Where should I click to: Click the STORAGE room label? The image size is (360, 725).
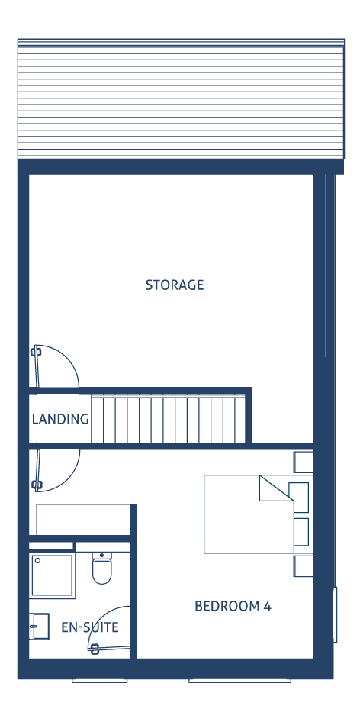coord(174,285)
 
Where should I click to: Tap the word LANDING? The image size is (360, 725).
coord(60,419)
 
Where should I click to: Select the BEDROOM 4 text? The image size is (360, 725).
coord(233,606)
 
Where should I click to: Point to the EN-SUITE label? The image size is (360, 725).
coord(90,627)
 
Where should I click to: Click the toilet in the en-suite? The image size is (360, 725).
coord(101,568)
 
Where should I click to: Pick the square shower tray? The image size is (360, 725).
coord(52,575)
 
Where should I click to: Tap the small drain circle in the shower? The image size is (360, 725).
coord(38,560)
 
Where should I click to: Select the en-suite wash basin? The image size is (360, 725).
coord(40,626)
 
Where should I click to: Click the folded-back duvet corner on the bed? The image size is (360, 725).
coord(276,488)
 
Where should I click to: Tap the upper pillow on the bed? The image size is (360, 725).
coord(298,498)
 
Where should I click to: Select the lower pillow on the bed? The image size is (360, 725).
coord(301,532)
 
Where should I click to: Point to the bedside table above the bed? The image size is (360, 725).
coord(303,462)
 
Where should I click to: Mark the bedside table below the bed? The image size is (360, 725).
coord(303,566)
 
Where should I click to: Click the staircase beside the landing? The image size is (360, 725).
coord(168,418)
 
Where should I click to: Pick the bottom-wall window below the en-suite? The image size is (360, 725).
coord(99,680)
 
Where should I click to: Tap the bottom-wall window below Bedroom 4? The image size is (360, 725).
coord(239,680)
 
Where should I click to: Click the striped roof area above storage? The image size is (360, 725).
coord(181,98)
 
